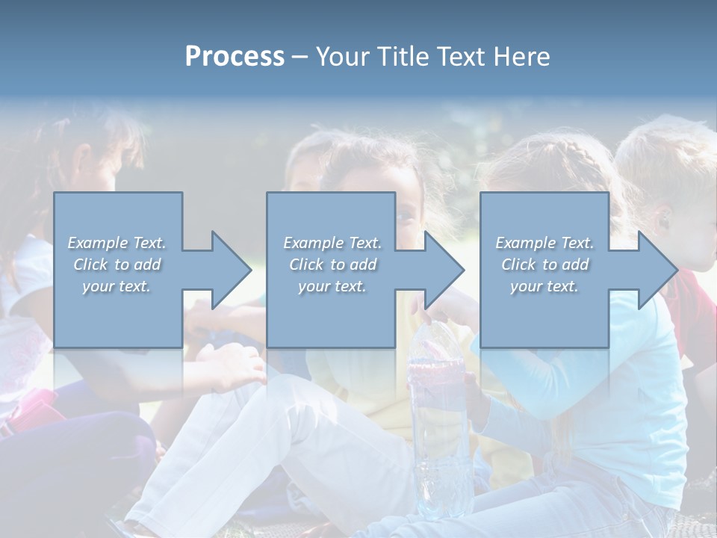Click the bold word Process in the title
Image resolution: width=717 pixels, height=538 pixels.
pyautogui.click(x=235, y=57)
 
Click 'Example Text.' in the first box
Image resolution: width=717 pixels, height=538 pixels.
pyautogui.click(x=117, y=243)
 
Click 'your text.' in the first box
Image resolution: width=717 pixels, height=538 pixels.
pyautogui.click(x=117, y=286)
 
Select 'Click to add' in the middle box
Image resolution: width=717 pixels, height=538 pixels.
pyautogui.click(x=332, y=265)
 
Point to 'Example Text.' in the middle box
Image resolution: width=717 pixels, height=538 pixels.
pyautogui.click(x=332, y=243)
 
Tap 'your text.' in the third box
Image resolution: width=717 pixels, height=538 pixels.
pyautogui.click(x=544, y=286)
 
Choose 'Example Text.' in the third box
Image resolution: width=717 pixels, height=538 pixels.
pyautogui.click(x=544, y=243)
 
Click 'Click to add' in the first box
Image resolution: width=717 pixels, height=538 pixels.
pyautogui.click(x=117, y=265)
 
